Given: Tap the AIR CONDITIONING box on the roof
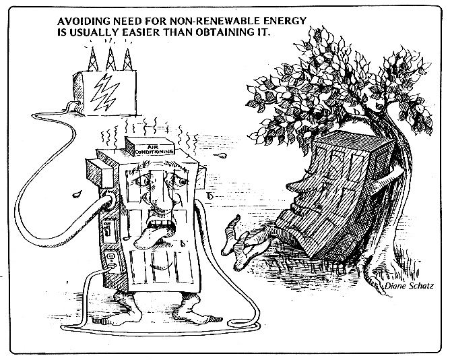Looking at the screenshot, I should pyautogui.click(x=152, y=149).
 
